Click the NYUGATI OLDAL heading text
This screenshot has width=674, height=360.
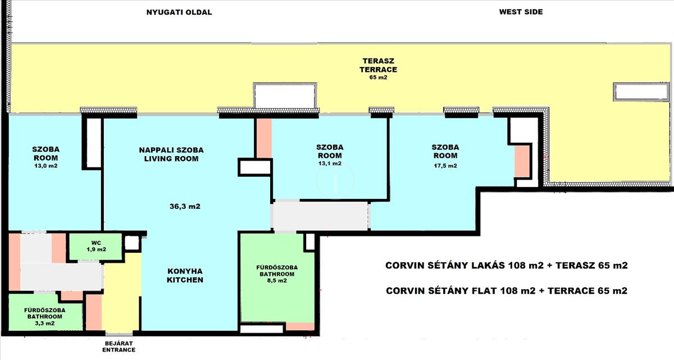179,12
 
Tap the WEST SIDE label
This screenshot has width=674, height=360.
521,12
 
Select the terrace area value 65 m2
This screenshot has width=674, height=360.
378,78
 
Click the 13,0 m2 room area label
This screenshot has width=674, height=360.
45,166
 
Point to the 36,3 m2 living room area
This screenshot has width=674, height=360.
185,206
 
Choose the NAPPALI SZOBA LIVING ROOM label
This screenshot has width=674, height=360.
171,154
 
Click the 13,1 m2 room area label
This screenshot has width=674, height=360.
330,163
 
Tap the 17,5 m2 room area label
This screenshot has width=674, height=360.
445,166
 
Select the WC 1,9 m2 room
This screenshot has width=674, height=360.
96,247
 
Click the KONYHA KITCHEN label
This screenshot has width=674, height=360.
185,276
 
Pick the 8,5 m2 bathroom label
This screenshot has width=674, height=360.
277,281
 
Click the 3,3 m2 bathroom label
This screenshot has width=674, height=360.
45,323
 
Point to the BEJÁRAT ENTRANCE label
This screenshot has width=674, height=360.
119,347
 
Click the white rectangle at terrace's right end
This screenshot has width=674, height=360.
641,92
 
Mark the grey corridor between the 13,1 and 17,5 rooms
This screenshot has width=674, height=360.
320,216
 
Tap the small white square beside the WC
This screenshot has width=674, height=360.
132,243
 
